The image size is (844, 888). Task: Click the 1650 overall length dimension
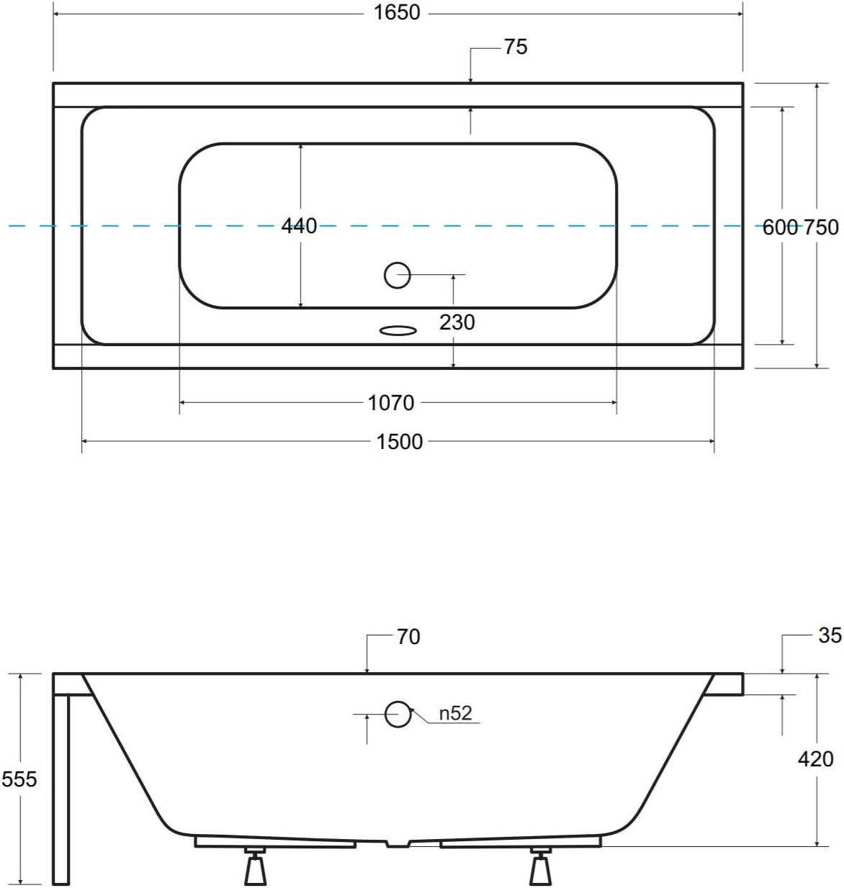(x=397, y=13)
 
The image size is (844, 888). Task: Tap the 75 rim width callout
(x=516, y=47)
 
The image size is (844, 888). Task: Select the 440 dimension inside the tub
(x=299, y=225)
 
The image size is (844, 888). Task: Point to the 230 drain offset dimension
(x=457, y=322)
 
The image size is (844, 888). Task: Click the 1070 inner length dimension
(x=390, y=403)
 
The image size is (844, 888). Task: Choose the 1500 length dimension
(x=399, y=442)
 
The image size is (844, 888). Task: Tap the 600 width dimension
(x=780, y=227)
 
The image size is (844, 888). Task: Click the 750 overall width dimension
(x=821, y=227)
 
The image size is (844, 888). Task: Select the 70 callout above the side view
(x=408, y=637)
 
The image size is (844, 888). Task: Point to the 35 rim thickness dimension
(x=830, y=635)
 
